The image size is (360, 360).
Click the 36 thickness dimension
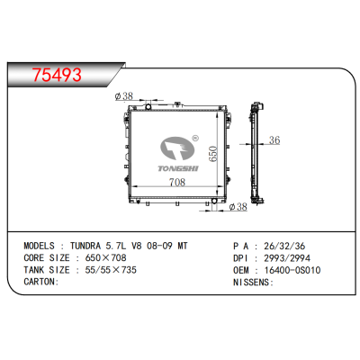coord(275,140)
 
